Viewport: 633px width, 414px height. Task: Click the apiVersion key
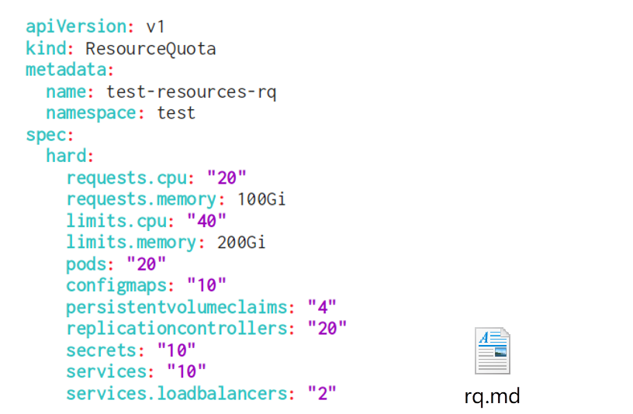point(75,26)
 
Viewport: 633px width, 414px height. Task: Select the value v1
point(156,26)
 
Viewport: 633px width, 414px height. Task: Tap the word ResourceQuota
point(150,49)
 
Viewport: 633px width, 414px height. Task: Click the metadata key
point(65,70)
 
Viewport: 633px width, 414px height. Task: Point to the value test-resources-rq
point(191,92)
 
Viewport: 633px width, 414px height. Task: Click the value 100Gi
point(261,199)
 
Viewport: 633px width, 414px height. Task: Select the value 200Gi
point(240,243)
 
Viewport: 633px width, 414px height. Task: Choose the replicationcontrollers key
point(176,329)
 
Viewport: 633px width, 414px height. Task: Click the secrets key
point(101,350)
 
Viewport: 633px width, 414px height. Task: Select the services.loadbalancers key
point(176,393)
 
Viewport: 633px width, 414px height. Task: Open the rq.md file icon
point(492,351)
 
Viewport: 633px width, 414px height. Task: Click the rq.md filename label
point(492,396)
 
